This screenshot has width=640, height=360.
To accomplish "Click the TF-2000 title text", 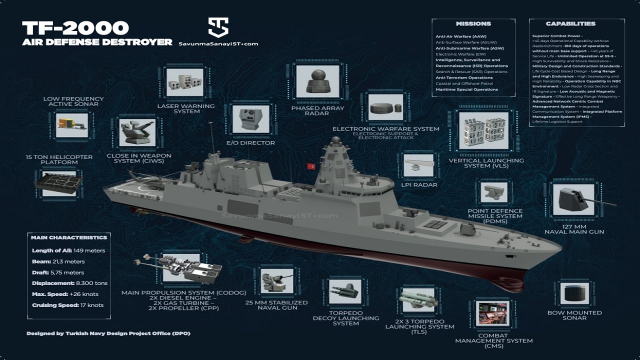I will point(75,27).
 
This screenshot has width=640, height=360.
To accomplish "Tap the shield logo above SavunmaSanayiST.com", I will point(218,27).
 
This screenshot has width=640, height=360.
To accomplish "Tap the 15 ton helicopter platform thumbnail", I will point(58,182).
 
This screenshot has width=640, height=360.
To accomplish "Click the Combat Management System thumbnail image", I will point(492,313).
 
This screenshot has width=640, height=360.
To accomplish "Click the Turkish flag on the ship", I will point(311,166).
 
